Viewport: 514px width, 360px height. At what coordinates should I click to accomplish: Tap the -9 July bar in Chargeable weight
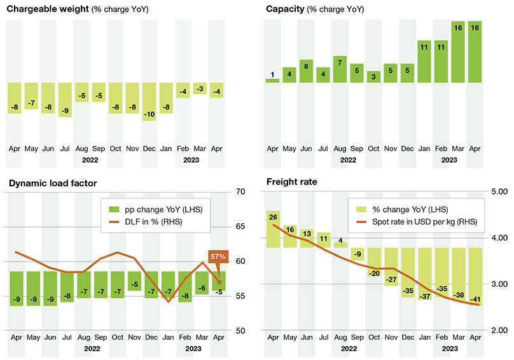(65, 100)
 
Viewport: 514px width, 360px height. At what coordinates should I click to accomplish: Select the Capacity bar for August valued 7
(340, 69)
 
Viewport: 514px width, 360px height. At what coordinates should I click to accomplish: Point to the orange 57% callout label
(218, 256)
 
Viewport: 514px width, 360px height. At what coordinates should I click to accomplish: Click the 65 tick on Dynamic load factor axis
(240, 226)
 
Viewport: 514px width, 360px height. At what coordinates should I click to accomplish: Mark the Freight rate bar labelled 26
(272, 229)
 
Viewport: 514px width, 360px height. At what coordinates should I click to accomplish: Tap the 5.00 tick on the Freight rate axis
(500, 191)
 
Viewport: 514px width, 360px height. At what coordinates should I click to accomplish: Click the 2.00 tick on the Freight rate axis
(500, 331)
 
